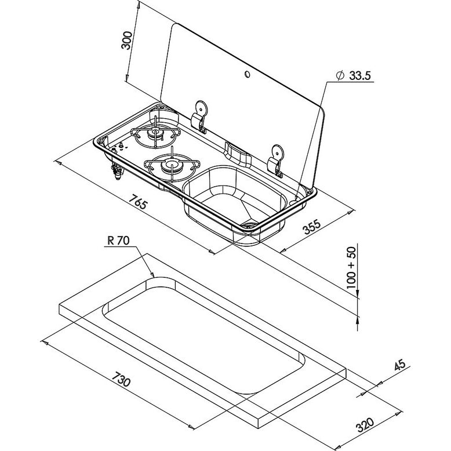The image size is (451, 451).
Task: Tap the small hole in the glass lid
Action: [248, 74]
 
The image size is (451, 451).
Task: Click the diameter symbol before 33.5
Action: [340, 76]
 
